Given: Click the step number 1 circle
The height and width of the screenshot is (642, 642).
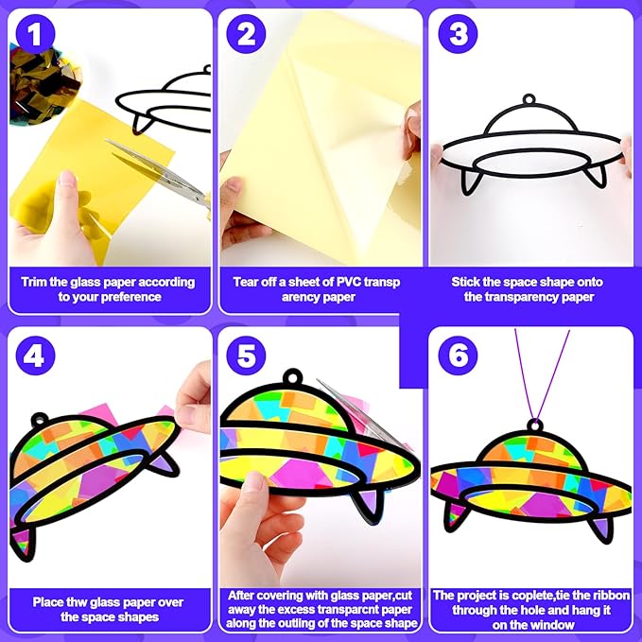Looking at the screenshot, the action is pyautogui.click(x=35, y=34).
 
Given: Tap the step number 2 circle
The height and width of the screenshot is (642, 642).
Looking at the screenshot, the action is pyautogui.click(x=246, y=34).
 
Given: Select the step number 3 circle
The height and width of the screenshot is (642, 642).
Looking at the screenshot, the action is pyautogui.click(x=458, y=34).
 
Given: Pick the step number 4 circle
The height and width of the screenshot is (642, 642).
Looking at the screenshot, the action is pyautogui.click(x=35, y=356).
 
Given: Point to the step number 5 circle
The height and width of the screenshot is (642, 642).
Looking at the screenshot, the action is pyautogui.click(x=246, y=356).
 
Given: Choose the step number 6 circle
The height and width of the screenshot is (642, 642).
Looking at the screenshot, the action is pyautogui.click(x=458, y=356).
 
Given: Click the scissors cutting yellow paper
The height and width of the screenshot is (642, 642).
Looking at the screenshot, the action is pyautogui.click(x=160, y=174).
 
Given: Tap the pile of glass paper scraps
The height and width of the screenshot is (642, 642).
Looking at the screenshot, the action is pyautogui.click(x=43, y=84).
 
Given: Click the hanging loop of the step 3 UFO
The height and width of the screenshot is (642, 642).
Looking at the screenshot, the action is pyautogui.click(x=529, y=99).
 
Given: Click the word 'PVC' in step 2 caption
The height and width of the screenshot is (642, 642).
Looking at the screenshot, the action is pyautogui.click(x=349, y=282).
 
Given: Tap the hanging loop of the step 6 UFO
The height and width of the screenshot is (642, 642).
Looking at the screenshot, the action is pyautogui.click(x=535, y=425).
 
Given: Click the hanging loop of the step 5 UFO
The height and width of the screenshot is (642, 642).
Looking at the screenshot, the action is pyautogui.click(x=293, y=376).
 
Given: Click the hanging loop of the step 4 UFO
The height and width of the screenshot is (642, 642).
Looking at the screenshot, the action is pyautogui.click(x=40, y=419).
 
